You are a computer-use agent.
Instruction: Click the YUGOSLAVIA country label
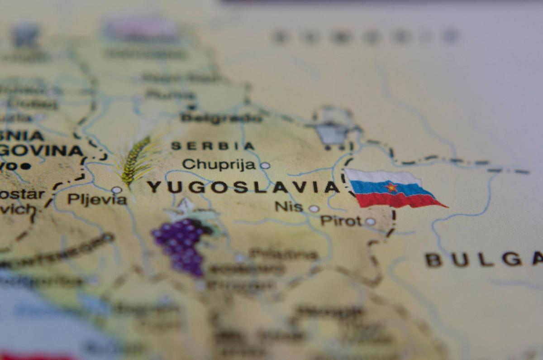[243, 187]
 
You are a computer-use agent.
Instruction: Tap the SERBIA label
[213, 146]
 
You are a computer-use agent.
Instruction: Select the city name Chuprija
[219, 164]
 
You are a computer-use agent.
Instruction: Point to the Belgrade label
[221, 118]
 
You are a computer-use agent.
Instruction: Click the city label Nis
[289, 206]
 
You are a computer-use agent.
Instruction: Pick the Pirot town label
[341, 221]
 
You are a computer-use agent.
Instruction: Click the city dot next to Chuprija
[265, 166]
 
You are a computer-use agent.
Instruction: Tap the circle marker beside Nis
[314, 208]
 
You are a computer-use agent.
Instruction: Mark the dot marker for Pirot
[370, 221]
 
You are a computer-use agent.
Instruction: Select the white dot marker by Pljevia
[116, 190]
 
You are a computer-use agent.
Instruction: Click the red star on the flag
[391, 187]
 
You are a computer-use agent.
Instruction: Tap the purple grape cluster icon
[181, 245]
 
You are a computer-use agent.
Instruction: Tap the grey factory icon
[332, 131]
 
